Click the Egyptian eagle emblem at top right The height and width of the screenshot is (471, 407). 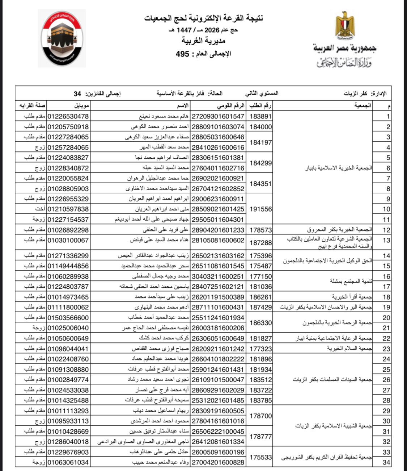point(345,26)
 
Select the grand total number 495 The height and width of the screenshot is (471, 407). point(182,54)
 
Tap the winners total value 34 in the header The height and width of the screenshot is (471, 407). point(77,94)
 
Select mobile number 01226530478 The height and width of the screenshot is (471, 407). point(68,117)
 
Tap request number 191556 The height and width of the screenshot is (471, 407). point(260,209)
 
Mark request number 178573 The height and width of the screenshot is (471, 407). point(260,230)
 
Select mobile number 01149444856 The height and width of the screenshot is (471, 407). point(68,266)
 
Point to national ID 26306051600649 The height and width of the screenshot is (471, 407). point(218,338)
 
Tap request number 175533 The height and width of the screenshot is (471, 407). point(260,457)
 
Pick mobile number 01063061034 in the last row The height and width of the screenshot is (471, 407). point(68,463)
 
